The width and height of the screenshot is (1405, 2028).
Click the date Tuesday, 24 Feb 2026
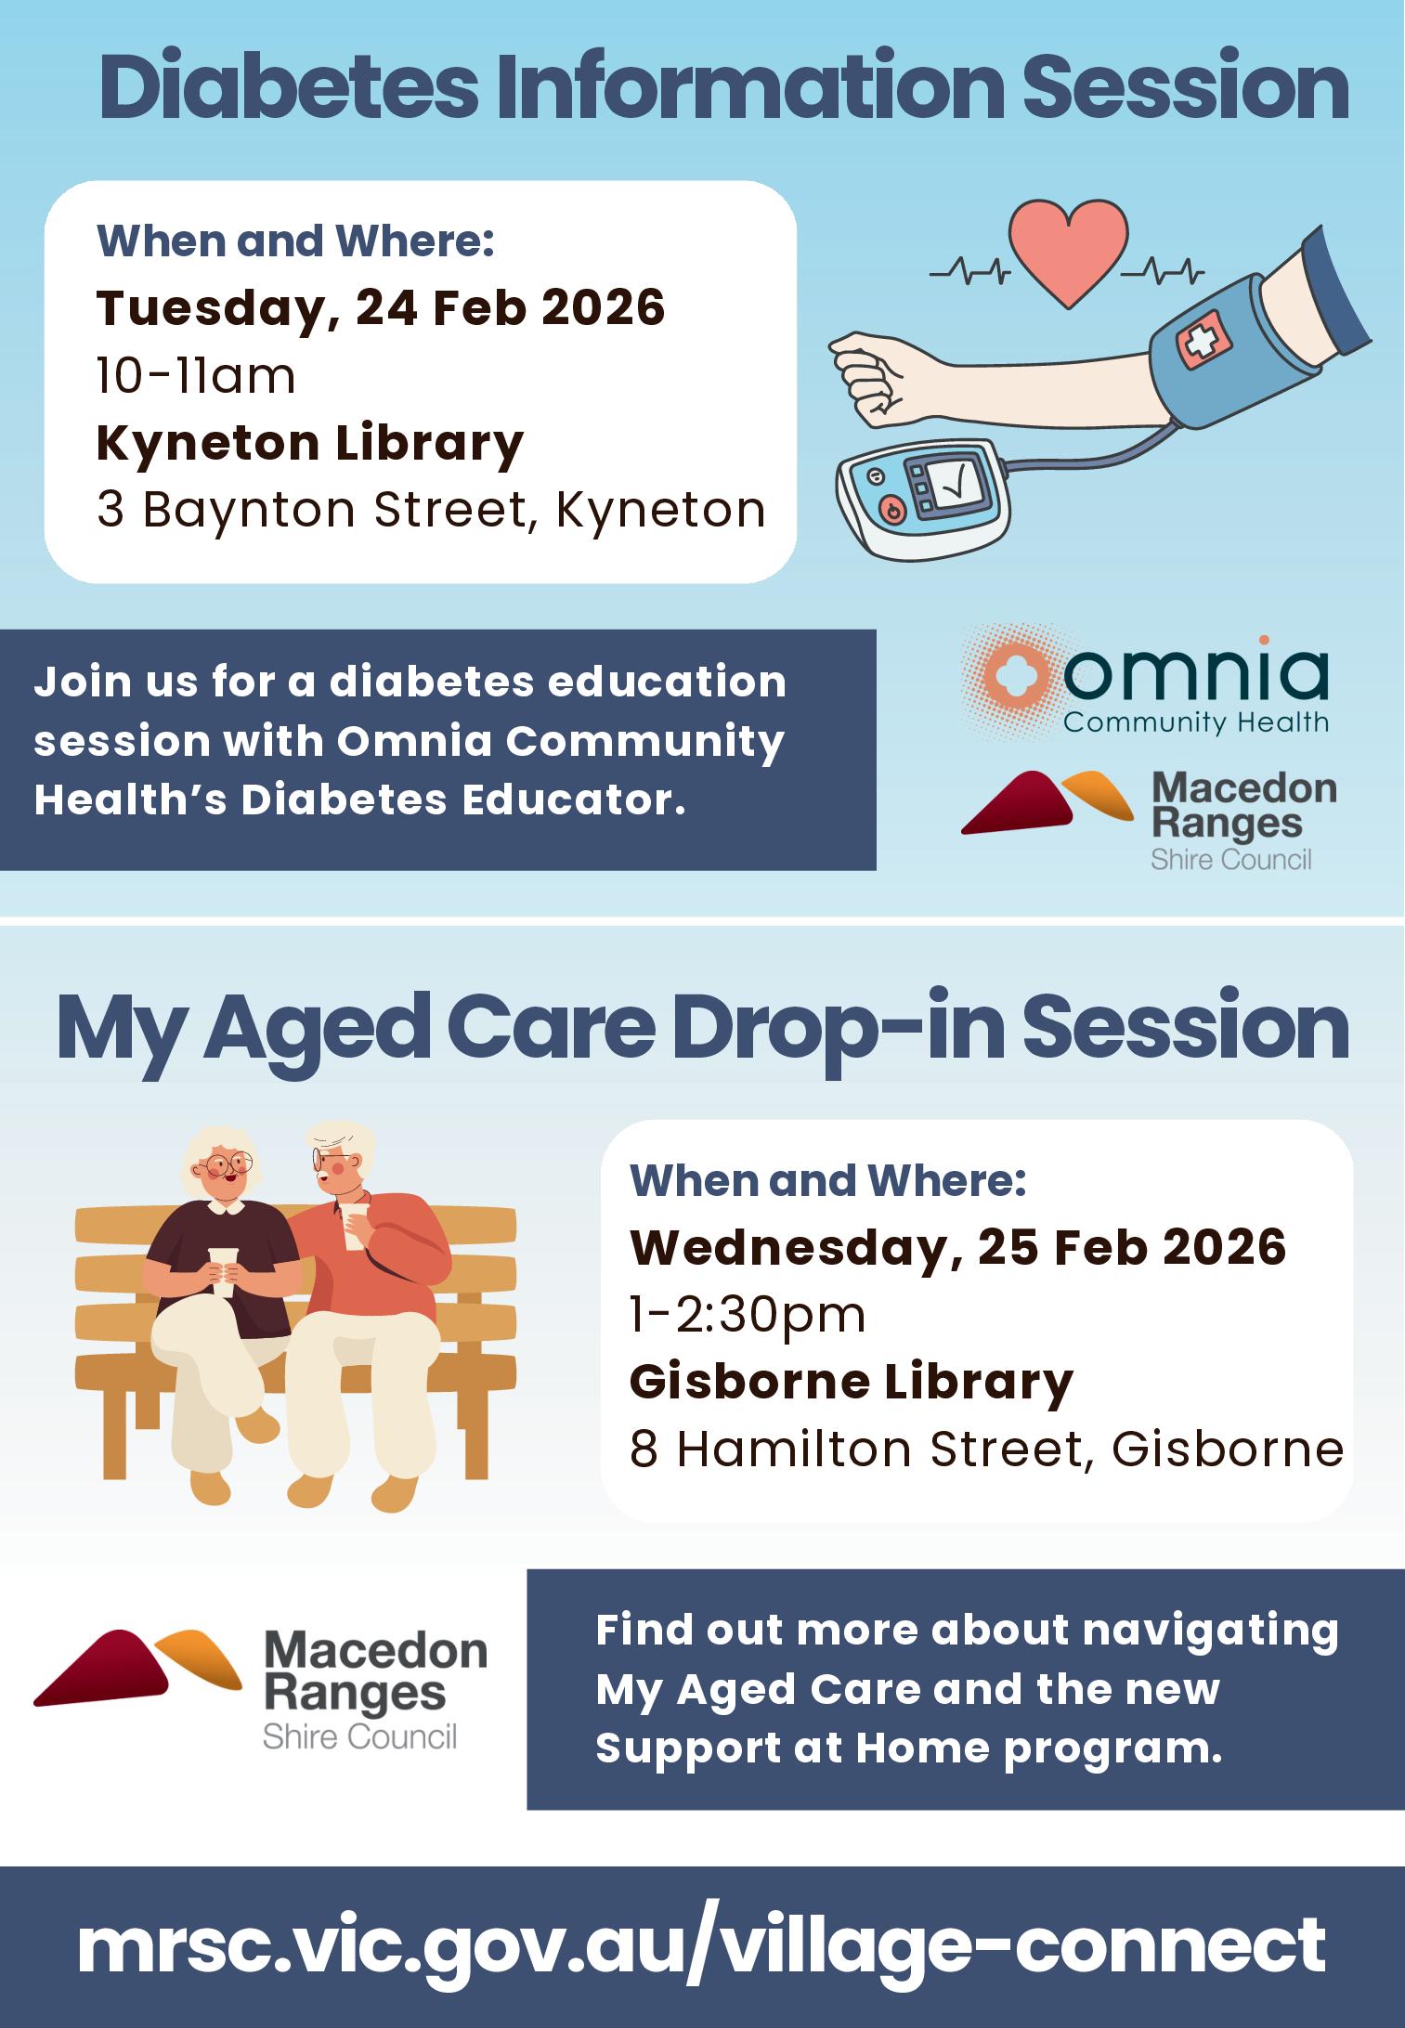(x=381, y=307)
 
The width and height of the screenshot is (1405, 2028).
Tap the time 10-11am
(x=196, y=376)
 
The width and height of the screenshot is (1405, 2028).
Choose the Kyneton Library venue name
(x=310, y=443)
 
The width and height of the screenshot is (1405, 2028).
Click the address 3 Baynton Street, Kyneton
(x=431, y=510)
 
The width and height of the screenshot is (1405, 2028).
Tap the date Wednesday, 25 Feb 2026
(x=958, y=1246)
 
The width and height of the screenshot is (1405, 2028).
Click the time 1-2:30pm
(x=748, y=1315)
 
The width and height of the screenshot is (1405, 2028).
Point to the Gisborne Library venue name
(x=852, y=1382)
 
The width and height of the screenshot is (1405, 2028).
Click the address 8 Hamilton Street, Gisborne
(x=986, y=1449)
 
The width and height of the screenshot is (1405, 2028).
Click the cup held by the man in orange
(x=352, y=1224)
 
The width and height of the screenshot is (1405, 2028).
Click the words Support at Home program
(x=908, y=1748)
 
